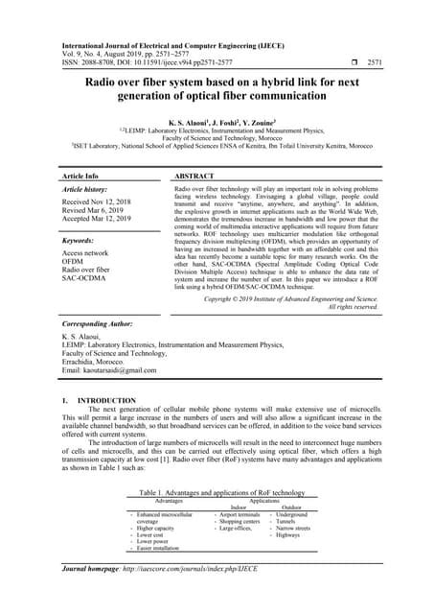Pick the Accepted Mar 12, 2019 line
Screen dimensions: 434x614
(x=97, y=220)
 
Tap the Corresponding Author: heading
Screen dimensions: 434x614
(x=105, y=326)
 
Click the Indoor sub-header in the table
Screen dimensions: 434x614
(x=245, y=508)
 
